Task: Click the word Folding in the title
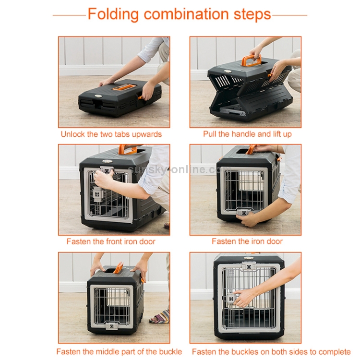pyautogui.click(x=113, y=14)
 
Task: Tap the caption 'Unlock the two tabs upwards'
pyautogui.click(x=111, y=134)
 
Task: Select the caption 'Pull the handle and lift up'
pyautogui.click(x=247, y=134)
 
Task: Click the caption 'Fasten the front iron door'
pyautogui.click(x=111, y=241)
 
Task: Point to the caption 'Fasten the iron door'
pyautogui.click(x=247, y=241)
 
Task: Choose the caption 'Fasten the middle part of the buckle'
pyautogui.click(x=119, y=351)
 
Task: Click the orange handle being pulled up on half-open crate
pyautogui.click(x=251, y=60)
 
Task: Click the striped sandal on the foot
pyautogui.click(x=159, y=317)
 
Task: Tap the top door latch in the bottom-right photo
pyautogui.click(x=248, y=267)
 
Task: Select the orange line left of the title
pyautogui.click(x=69, y=15)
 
